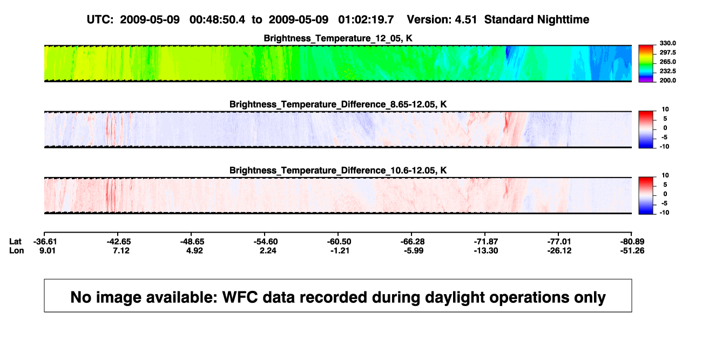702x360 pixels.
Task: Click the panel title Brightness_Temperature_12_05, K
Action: [x=338, y=38]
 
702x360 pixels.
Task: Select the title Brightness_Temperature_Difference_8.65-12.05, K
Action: [x=338, y=104]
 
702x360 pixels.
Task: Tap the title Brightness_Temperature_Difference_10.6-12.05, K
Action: [x=338, y=171]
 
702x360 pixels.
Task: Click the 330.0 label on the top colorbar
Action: [x=667, y=43]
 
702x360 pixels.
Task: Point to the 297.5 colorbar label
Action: [x=667, y=52]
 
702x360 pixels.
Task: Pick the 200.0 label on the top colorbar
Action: [x=667, y=80]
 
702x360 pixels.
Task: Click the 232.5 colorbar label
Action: [x=667, y=71]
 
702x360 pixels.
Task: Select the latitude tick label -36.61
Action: [x=45, y=242]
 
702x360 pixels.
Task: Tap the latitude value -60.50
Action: [x=339, y=242]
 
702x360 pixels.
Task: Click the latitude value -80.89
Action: [x=632, y=242]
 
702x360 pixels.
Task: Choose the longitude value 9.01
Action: [x=48, y=250]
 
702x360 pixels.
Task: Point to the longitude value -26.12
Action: [x=559, y=250]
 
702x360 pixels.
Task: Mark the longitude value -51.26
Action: [x=632, y=250]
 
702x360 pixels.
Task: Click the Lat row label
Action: [x=15, y=242]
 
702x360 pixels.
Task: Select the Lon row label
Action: [x=17, y=250]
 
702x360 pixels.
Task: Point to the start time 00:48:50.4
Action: [x=217, y=19]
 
